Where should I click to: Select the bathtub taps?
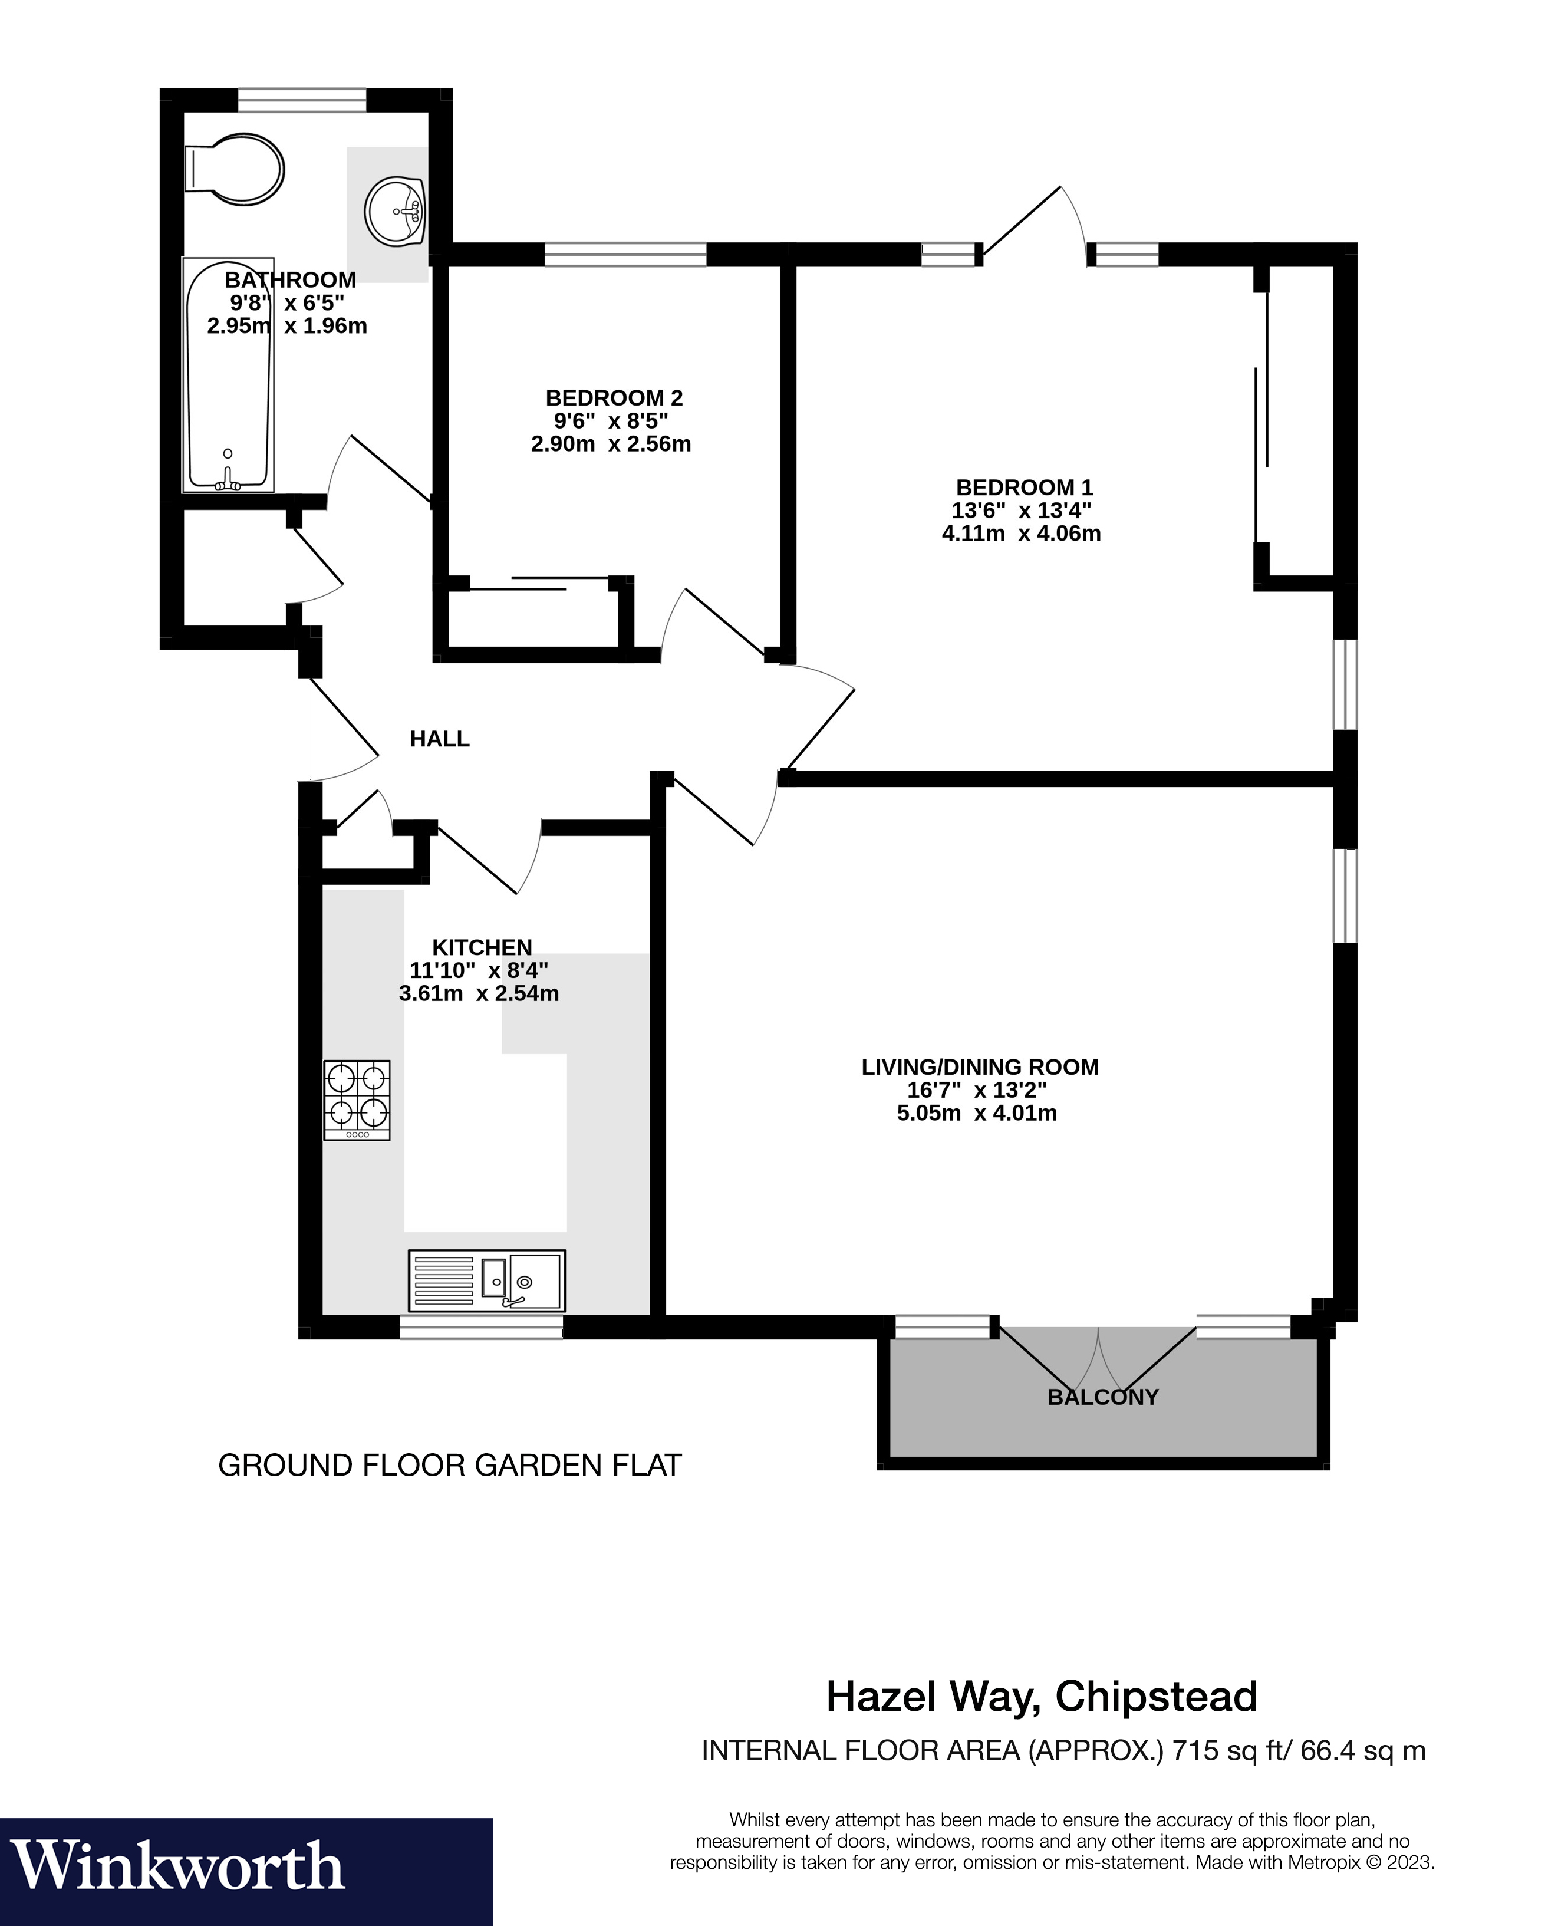228,481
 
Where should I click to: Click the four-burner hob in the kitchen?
357,1099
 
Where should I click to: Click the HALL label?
440,739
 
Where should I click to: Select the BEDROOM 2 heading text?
614,397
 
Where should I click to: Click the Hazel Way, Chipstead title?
1041,1696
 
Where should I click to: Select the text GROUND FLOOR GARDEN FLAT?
450,1466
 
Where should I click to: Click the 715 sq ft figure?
1230,1750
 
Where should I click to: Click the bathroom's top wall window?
302,100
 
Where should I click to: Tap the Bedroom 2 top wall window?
625,255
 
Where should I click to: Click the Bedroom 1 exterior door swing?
1032,225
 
